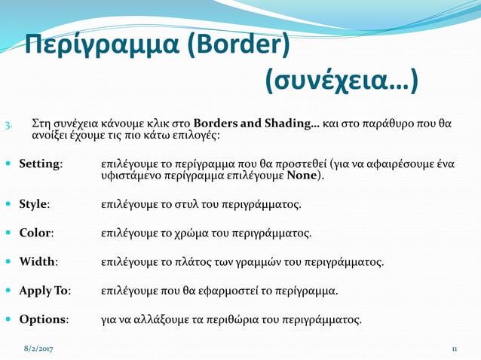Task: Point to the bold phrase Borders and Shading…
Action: click(256, 123)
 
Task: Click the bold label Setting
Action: click(40, 163)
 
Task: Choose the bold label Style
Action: click(35, 204)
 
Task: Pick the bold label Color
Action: click(35, 233)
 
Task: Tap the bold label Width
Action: click(38, 262)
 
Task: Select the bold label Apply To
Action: click(44, 291)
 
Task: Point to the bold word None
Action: click(302, 176)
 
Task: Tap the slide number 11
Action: click(455, 349)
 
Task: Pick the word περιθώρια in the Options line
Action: click(225, 319)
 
